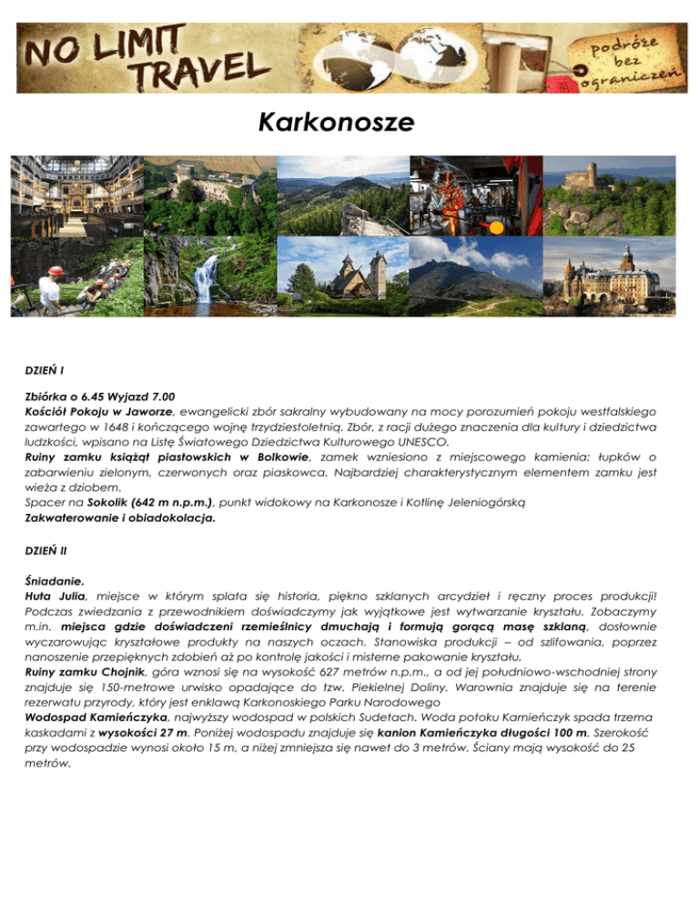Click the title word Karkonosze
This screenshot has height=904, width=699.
click(x=350, y=122)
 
